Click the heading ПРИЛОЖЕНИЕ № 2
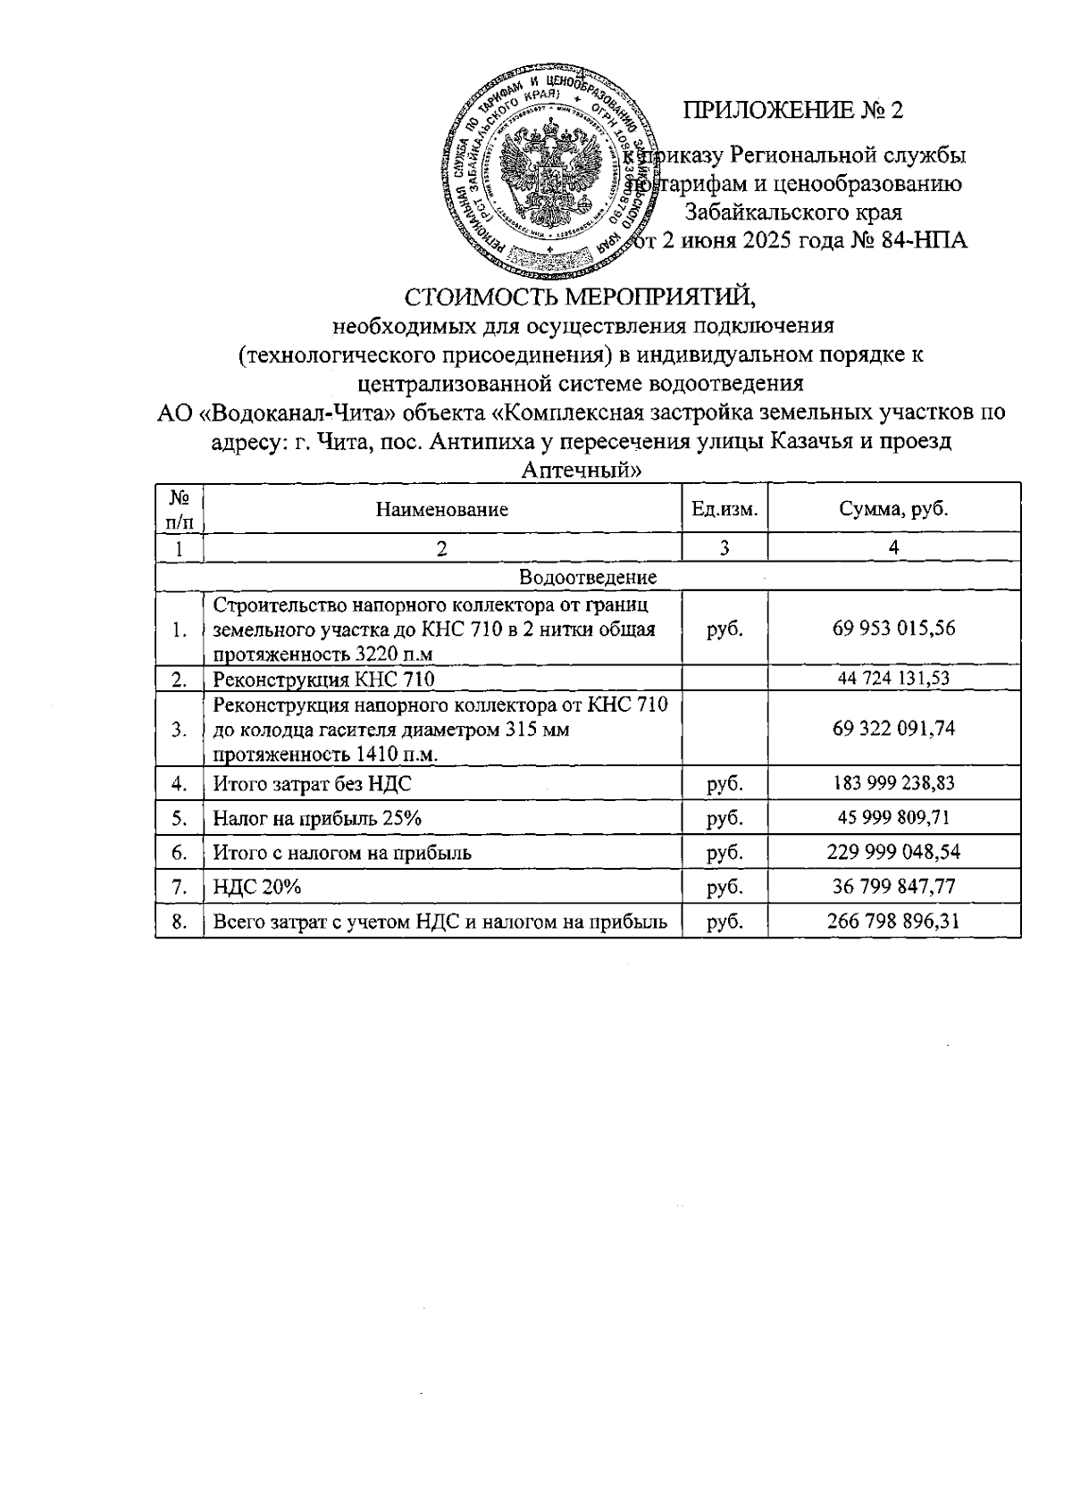[793, 110]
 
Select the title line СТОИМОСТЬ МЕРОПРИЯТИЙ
[581, 296]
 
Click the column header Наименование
[441, 510]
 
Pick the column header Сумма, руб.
[893, 510]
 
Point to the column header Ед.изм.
[724, 510]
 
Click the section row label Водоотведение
[587, 577]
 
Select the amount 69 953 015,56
[893, 629]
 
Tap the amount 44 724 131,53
[893, 679]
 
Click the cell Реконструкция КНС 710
[323, 680]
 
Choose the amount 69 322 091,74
[893, 729]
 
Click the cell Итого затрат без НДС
[312, 784]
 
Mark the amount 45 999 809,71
[893, 818]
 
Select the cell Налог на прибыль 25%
[316, 818]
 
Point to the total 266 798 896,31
[893, 922]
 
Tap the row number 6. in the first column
[180, 853]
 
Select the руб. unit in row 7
[724, 887]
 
